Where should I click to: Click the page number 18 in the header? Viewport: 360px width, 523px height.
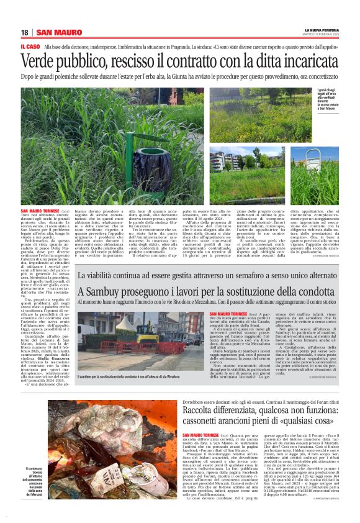click(x=25, y=32)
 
